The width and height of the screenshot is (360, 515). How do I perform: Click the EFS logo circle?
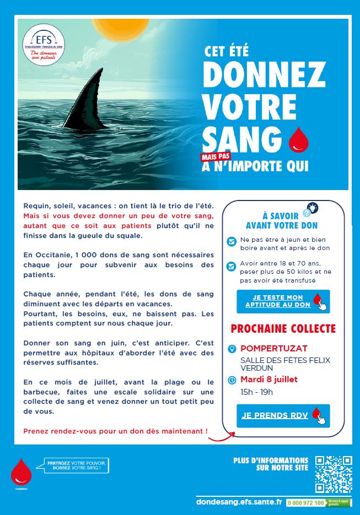pos(44,45)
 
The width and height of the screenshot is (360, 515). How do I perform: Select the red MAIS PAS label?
pos(216,156)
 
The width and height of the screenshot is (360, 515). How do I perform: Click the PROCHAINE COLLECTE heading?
pos(283,329)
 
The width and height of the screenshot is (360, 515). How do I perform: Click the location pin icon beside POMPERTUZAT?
pos(232,349)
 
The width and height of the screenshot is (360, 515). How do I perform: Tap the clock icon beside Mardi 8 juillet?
pos(232,380)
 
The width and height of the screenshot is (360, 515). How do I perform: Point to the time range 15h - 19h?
pos(257,392)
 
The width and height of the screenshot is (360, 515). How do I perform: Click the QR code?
pos(334,474)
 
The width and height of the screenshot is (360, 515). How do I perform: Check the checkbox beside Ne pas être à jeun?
pos(232,241)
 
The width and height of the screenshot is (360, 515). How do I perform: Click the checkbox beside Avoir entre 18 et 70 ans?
pos(232,267)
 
